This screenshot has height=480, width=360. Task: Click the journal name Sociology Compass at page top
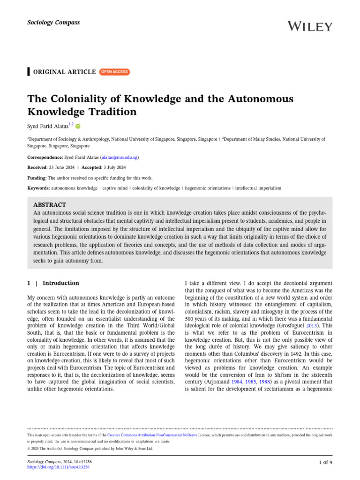(47, 22)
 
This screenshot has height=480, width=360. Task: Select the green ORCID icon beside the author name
(78, 126)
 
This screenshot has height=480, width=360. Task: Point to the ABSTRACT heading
(50, 205)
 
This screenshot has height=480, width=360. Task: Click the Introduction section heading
(60, 283)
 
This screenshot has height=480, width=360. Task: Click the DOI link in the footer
(59, 467)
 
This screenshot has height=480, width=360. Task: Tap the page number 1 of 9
(324, 463)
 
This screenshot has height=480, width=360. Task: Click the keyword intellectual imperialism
(258, 188)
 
